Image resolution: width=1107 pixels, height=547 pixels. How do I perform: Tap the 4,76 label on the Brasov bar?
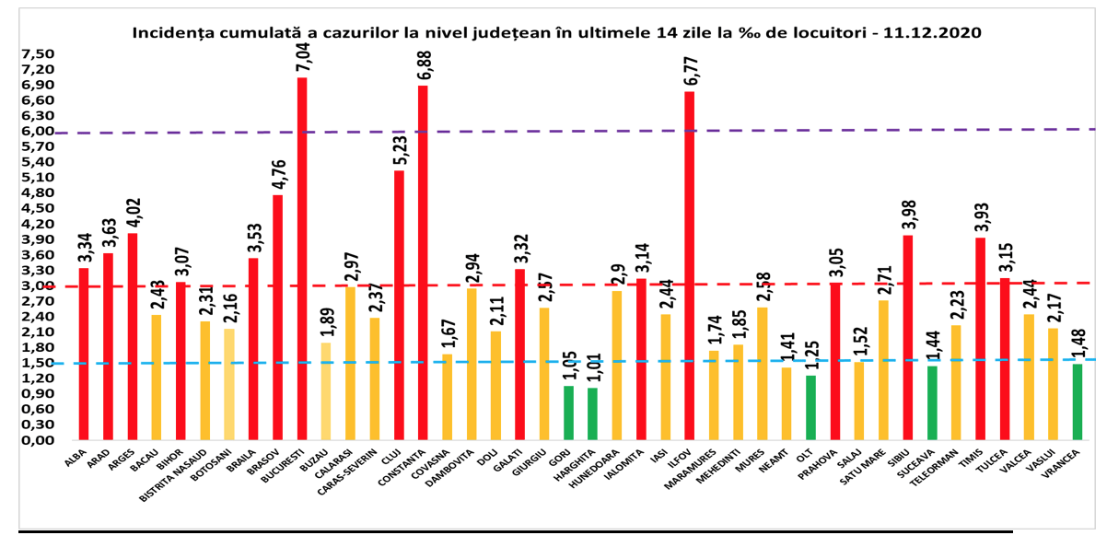278,174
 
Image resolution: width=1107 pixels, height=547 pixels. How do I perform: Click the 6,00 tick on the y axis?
38,131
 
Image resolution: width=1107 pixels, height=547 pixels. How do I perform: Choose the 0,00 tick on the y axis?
38,440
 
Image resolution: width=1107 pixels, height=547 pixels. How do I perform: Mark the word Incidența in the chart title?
169,31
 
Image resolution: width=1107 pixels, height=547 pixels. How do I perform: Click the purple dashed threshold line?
553,131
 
